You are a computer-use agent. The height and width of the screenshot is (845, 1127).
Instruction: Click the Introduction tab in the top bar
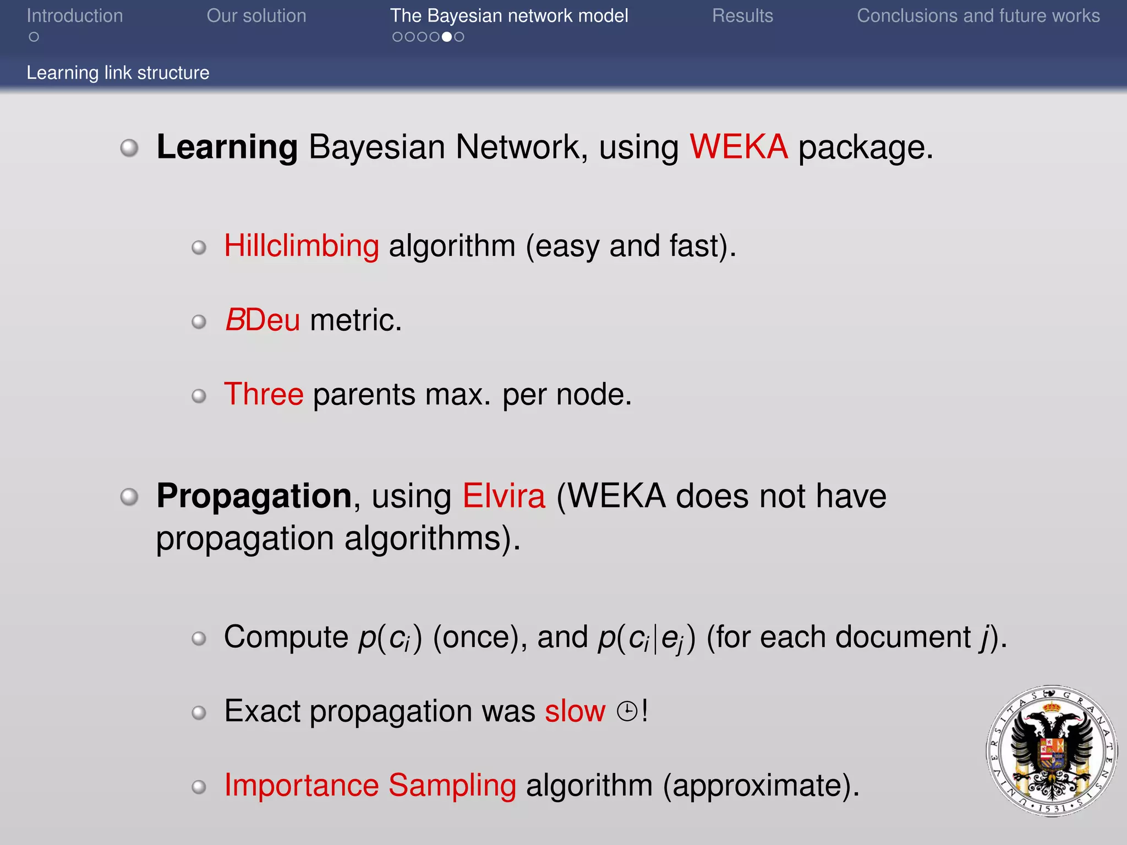pos(75,16)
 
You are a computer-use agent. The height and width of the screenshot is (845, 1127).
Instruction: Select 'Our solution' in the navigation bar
pos(256,16)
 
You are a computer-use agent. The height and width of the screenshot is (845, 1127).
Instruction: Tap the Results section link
pos(742,16)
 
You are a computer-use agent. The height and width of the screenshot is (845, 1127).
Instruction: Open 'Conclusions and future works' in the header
pos(978,16)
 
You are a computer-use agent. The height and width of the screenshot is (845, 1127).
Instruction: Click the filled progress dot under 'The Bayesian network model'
pos(447,37)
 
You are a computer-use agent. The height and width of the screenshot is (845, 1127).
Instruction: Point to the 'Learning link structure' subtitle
pos(118,73)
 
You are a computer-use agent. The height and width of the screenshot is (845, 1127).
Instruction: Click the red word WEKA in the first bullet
pos(738,147)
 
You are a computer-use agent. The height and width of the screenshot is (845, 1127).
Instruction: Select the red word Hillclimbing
pos(302,245)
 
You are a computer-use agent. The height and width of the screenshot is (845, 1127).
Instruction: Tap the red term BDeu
pos(262,320)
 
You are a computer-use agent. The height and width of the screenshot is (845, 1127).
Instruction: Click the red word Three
pos(264,394)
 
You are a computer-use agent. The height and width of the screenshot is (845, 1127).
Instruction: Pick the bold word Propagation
pos(254,496)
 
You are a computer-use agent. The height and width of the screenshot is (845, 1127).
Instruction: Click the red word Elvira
pos(504,496)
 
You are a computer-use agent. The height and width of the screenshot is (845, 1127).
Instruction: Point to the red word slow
pos(575,711)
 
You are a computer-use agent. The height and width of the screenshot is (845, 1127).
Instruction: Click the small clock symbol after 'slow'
pos(627,711)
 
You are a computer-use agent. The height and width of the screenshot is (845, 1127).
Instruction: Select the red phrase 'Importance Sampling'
pos(370,785)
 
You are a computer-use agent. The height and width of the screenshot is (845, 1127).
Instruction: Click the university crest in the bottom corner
pos(1052,751)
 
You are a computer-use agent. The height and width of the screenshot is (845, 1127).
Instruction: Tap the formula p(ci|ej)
pos(647,638)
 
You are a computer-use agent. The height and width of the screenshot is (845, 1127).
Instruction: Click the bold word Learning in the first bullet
pos(227,147)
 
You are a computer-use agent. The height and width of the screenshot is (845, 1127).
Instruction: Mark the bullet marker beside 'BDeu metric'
pos(199,321)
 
